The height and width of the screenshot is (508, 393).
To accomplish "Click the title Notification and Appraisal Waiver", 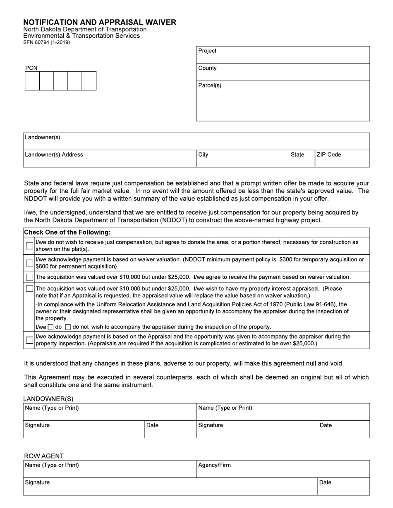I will pyautogui.click(x=99, y=22).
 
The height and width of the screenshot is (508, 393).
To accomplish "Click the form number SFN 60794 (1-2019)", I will pyautogui.click(x=46, y=42).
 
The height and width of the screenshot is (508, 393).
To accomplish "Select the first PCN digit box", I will pyautogui.click(x=32, y=81).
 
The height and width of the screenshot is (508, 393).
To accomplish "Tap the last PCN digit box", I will pyautogui.click(x=89, y=81).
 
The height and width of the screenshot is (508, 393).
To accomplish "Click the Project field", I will pyautogui.click(x=283, y=55).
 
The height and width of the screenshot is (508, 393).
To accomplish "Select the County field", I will pyautogui.click(x=283, y=72).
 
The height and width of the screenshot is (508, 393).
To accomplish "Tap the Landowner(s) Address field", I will pyautogui.click(x=110, y=159).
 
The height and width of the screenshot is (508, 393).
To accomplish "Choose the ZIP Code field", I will pyautogui.click(x=342, y=159).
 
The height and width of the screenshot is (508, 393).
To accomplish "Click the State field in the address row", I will pyautogui.click(x=302, y=159).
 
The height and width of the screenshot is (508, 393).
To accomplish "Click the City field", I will pyautogui.click(x=242, y=159).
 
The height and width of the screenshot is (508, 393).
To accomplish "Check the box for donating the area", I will pyautogui.click(x=29, y=246).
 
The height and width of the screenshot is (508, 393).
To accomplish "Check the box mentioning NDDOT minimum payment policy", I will pyautogui.click(x=29, y=263).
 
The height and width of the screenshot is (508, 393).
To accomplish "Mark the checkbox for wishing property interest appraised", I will pyautogui.click(x=29, y=289).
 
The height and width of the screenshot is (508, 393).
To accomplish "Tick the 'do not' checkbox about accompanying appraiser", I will pyautogui.click(x=68, y=327).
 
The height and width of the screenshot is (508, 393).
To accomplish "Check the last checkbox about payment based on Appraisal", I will pyautogui.click(x=29, y=340).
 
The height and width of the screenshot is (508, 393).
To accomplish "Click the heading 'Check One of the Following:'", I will pyautogui.click(x=67, y=233).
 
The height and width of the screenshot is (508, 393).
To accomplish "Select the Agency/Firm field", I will pyautogui.click(x=283, y=470).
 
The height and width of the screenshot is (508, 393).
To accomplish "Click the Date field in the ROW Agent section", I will pyautogui.click(x=343, y=487).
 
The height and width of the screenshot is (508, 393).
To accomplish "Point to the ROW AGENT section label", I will pyautogui.click(x=44, y=456).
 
